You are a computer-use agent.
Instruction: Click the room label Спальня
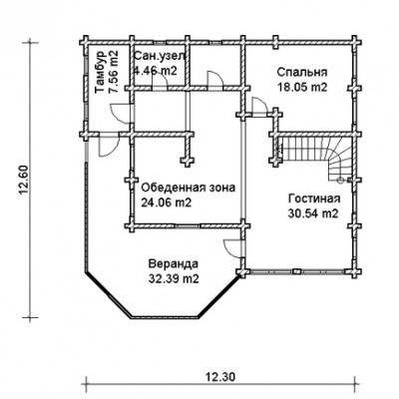[302, 72]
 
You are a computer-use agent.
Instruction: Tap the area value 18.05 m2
[302, 87]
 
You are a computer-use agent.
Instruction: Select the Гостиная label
[314, 199]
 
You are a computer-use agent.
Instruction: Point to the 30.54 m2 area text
[313, 213]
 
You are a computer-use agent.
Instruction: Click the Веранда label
[174, 264]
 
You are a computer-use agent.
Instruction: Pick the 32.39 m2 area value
[174, 279]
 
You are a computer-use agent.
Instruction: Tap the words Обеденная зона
[189, 188]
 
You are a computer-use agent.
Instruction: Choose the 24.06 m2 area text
[167, 202]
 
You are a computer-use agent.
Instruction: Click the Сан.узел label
[159, 56]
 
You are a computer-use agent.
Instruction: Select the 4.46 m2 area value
[155, 71]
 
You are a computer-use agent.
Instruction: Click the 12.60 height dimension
[24, 180]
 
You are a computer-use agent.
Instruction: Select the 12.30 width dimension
[220, 377]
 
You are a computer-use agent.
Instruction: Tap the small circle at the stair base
[340, 181]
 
